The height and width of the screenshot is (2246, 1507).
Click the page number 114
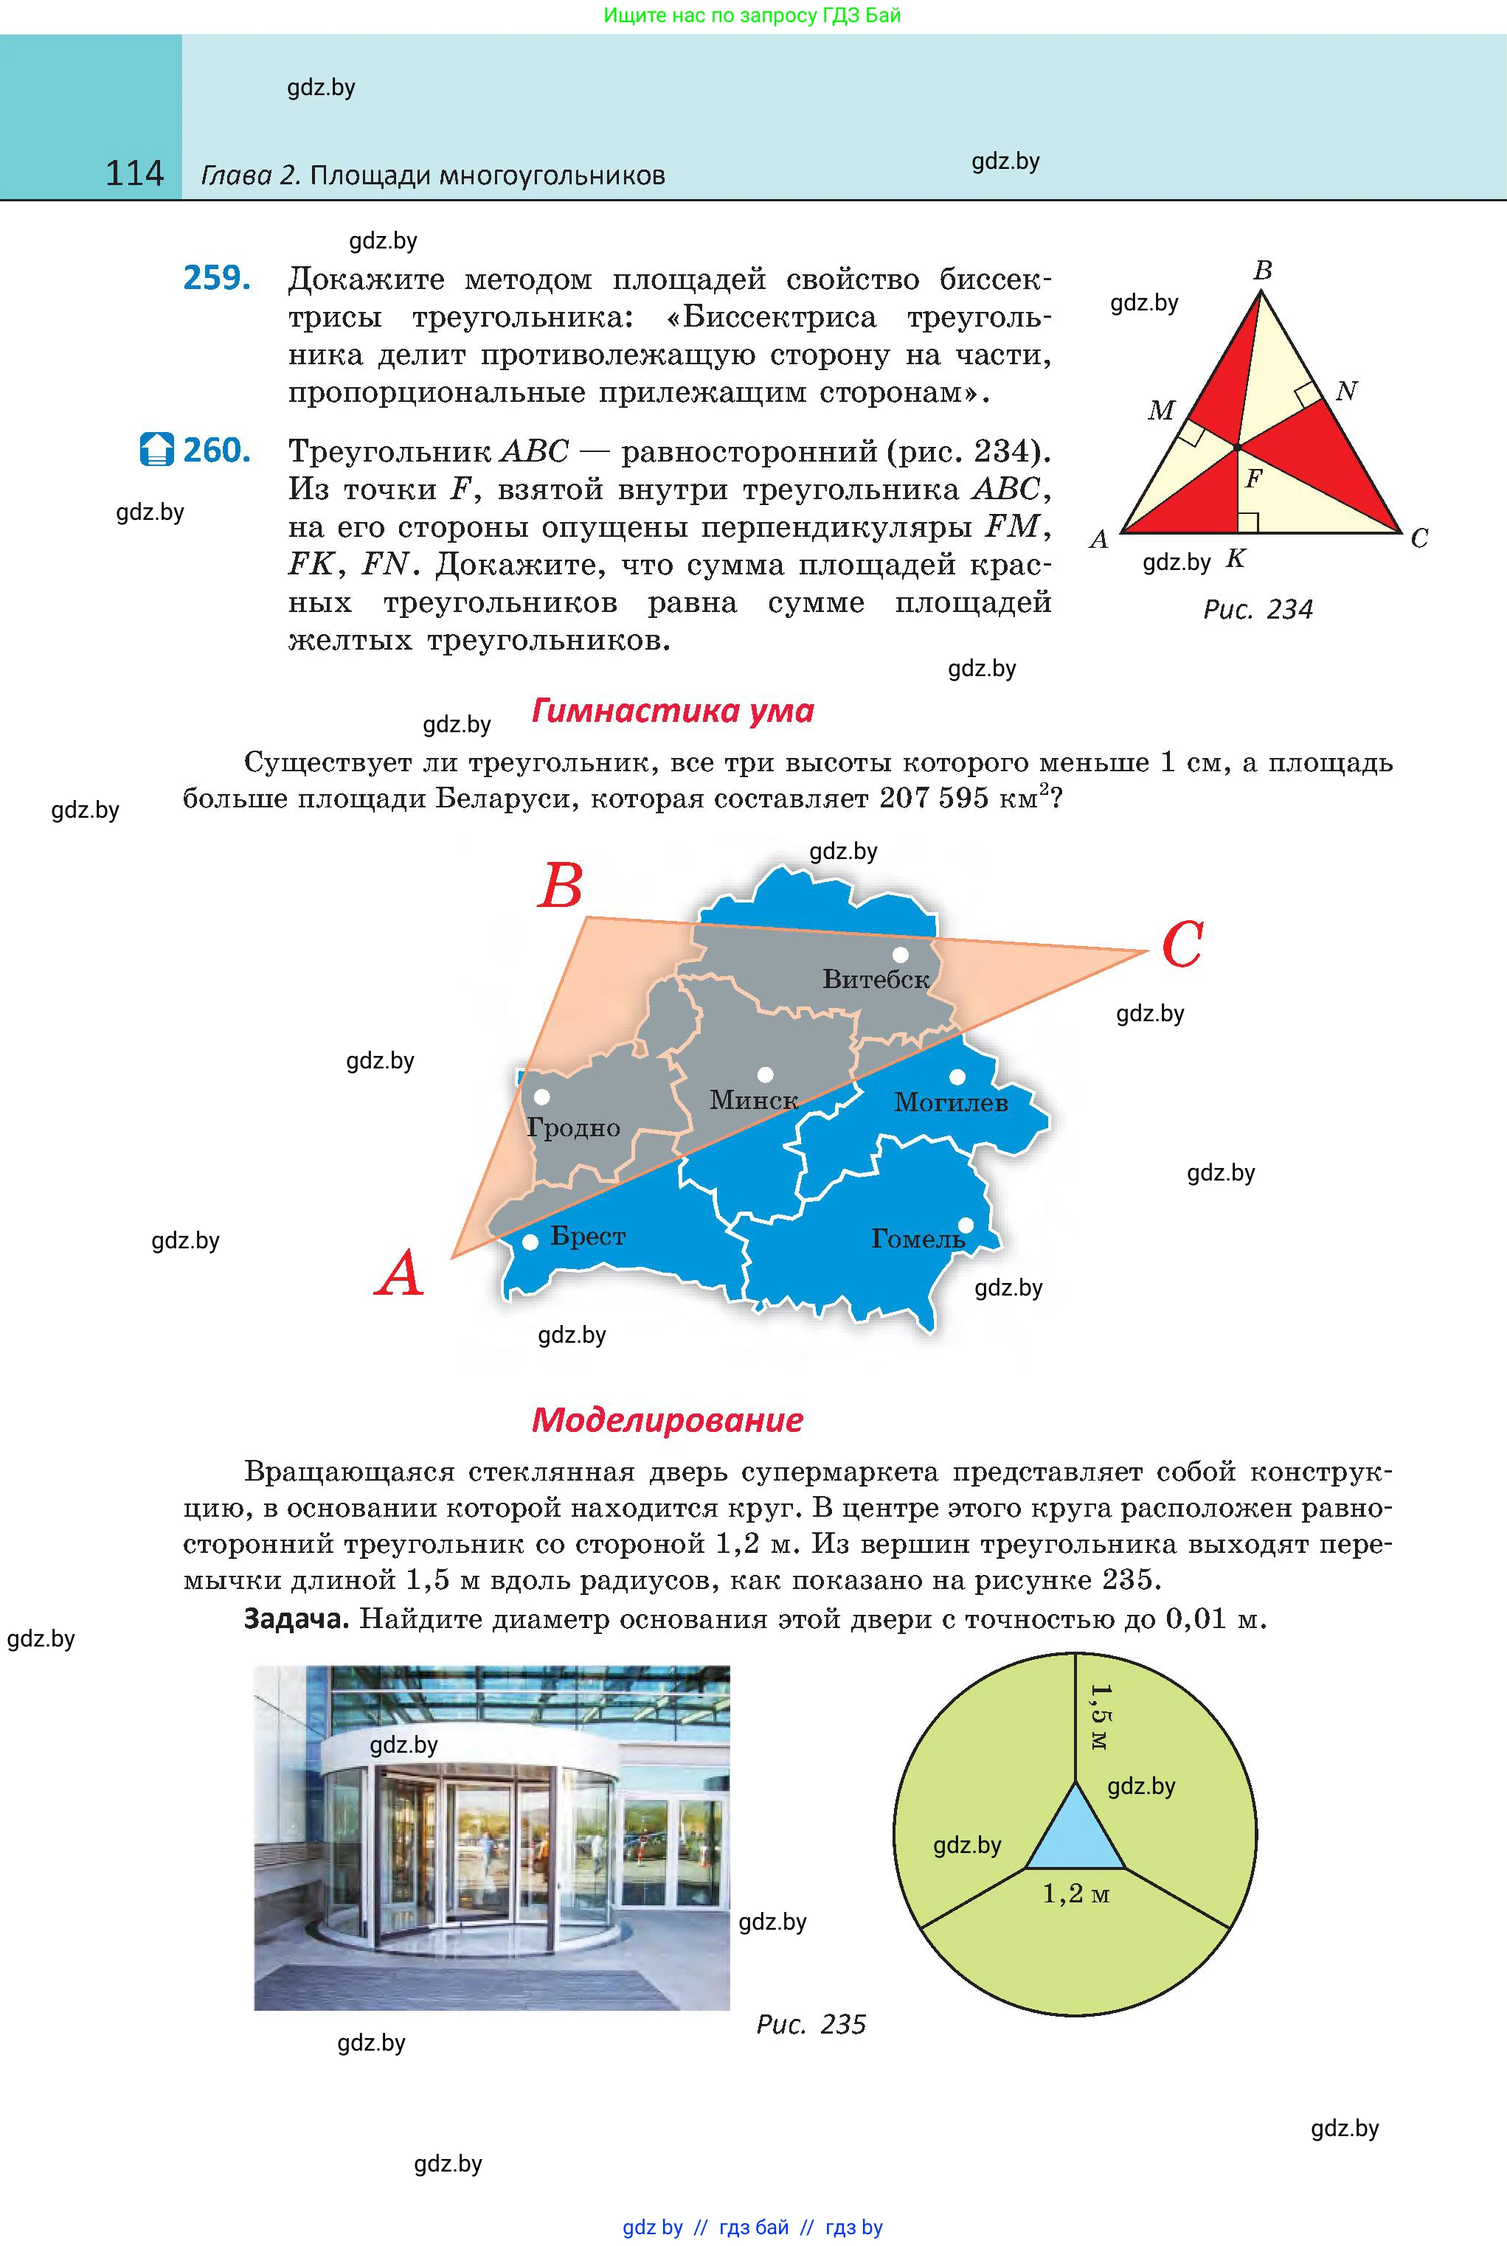(x=134, y=174)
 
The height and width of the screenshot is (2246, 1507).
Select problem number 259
(x=217, y=279)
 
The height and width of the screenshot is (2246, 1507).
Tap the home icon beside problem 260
(x=156, y=450)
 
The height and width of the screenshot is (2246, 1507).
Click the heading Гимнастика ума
(x=673, y=711)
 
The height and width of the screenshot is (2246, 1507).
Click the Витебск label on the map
(x=876, y=980)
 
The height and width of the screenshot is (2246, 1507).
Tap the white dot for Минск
(x=765, y=1074)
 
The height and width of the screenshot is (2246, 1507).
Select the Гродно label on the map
(x=574, y=1128)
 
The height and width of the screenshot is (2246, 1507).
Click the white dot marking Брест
(x=530, y=1243)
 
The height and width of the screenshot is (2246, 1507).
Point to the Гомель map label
(x=918, y=1240)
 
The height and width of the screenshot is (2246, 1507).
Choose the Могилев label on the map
(x=951, y=1103)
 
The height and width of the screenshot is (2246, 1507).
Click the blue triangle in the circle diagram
(x=1075, y=1835)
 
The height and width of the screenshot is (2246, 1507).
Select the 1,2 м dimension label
(x=1075, y=1894)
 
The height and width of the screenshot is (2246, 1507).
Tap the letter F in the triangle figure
(x=1253, y=479)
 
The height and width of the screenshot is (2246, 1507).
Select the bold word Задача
(x=296, y=1620)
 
